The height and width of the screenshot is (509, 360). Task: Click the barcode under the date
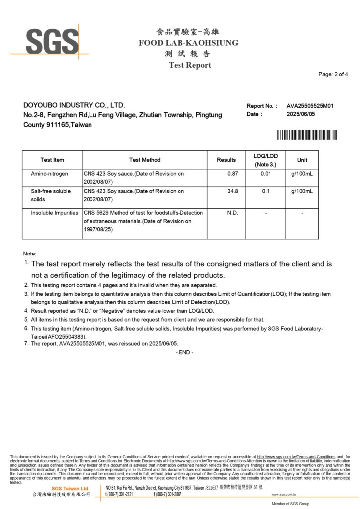point(307,135)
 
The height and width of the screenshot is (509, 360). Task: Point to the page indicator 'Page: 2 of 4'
point(333,74)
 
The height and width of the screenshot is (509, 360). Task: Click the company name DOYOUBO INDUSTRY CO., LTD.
point(74,105)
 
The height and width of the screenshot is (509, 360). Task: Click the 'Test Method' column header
point(145,160)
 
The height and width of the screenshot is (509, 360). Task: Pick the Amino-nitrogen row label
point(50,174)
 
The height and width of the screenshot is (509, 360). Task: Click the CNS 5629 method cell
point(144,221)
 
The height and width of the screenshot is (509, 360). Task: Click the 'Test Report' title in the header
point(189,65)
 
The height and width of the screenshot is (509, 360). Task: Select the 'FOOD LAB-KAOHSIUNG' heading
point(188,43)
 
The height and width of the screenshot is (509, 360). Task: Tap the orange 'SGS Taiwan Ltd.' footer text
point(71,488)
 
